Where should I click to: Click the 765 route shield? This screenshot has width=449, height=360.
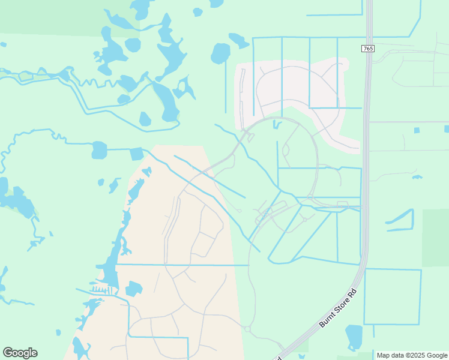coord(368,48)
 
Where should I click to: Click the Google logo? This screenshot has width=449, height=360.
coord(20,353)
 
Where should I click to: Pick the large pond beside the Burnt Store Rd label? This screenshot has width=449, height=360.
coord(354,337)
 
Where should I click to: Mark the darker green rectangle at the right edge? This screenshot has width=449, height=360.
coord(436,237)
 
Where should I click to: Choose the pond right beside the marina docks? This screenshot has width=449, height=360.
coord(133,289)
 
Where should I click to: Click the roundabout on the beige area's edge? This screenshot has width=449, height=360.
coord(247,329)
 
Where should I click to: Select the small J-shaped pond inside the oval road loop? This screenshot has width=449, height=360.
coord(276,125)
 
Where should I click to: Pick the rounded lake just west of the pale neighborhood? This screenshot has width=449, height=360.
coord(220,53)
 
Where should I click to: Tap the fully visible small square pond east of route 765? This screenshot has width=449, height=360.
coord(417,130)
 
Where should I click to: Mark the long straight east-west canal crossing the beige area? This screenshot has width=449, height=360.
coord(183,264)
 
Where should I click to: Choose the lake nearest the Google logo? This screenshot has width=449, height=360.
coord(80,348)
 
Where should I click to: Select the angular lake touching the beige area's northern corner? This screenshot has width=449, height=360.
coord(136,154)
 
